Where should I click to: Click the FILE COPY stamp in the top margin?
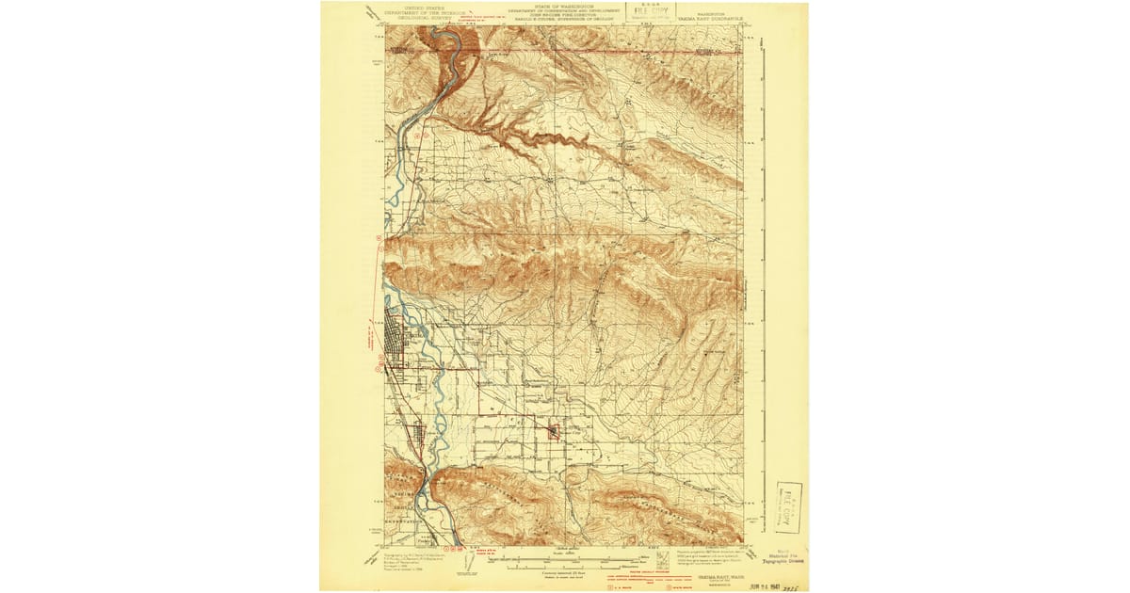tap(651, 12)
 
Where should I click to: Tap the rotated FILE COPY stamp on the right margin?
tap(789, 505)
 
